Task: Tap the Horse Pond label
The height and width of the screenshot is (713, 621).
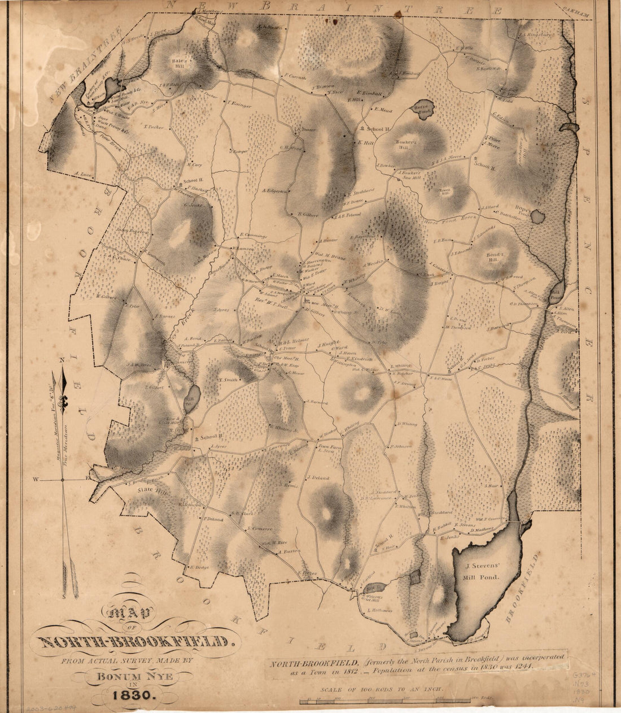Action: pos(421,110)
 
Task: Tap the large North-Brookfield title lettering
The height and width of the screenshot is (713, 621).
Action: pos(135,642)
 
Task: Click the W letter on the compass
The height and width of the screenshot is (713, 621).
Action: pos(35,480)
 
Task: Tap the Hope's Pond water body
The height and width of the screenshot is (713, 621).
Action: pos(539,216)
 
